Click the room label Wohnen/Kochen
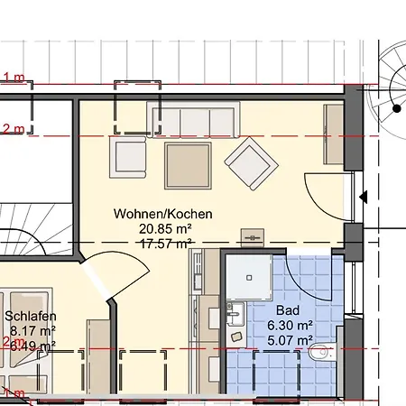click(x=163, y=214)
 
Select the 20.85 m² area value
click(x=163, y=229)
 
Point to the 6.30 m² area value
click(x=289, y=326)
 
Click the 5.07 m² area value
click(x=289, y=341)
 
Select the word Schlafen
click(x=31, y=317)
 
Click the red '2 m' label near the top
click(x=13, y=129)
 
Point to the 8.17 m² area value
click(x=31, y=331)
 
